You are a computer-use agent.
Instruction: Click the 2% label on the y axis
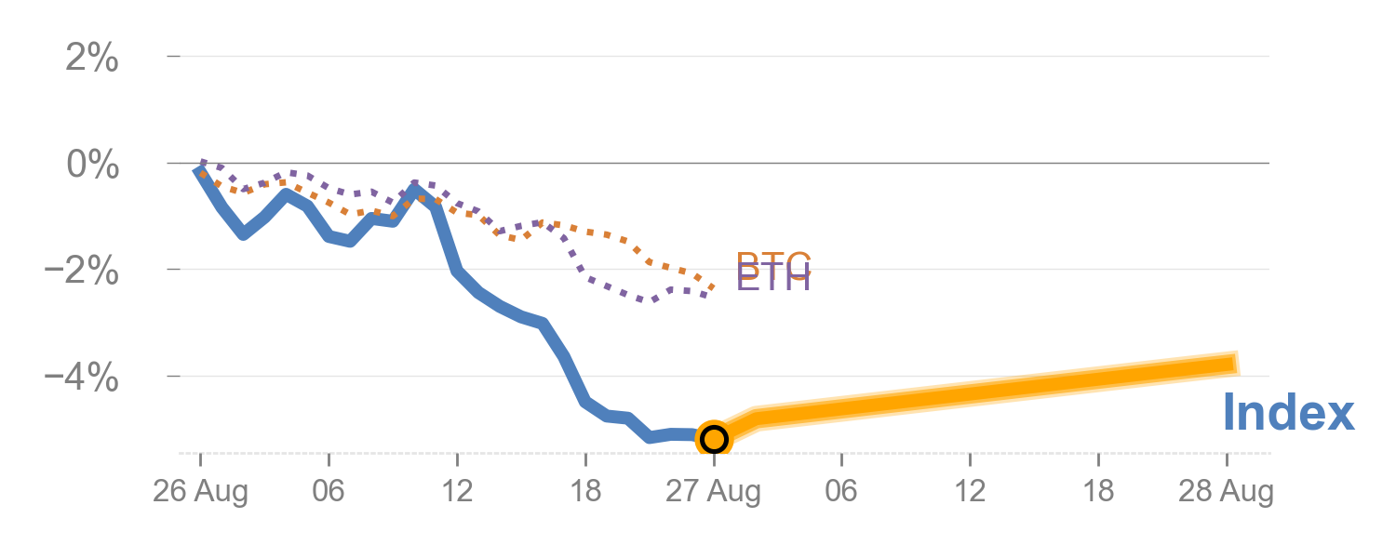(91, 60)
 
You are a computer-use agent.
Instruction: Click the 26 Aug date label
(200, 491)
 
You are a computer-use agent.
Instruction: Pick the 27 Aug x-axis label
(714, 491)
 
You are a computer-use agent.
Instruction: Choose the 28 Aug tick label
(1226, 491)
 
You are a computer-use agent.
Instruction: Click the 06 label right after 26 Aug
(329, 491)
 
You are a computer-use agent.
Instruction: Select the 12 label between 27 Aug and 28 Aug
(970, 491)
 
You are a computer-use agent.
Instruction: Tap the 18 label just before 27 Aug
(585, 491)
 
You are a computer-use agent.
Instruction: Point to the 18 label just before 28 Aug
(1098, 491)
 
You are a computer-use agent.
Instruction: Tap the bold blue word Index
(1288, 412)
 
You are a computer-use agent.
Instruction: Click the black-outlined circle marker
(714, 438)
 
